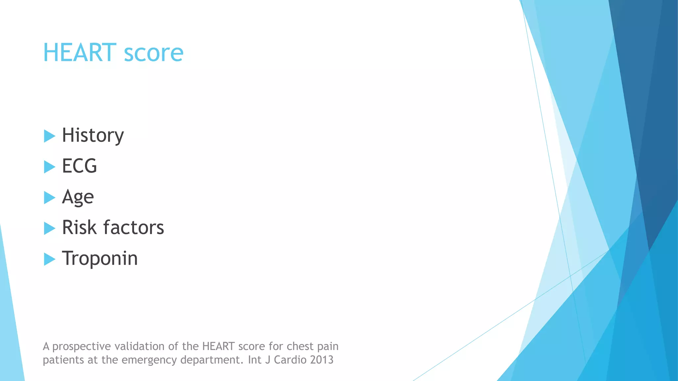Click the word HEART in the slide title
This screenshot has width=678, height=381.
79,53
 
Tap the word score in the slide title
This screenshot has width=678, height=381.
154,53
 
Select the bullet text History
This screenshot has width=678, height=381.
93,135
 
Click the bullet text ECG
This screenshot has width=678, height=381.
79,166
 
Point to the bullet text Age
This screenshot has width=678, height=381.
78,197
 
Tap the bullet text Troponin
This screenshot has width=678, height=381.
100,258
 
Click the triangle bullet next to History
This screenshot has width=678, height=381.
49,136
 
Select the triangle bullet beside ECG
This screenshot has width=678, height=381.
49,167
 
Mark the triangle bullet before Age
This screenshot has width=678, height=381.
49,197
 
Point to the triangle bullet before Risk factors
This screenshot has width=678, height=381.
49,228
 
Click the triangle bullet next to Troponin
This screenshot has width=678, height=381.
49,259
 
